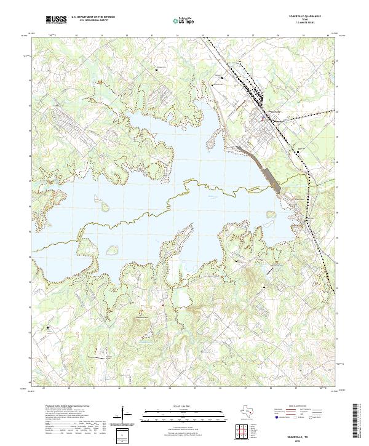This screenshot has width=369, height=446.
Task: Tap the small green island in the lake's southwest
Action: click(111, 250)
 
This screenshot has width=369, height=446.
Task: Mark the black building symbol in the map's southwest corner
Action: click(48, 328)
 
